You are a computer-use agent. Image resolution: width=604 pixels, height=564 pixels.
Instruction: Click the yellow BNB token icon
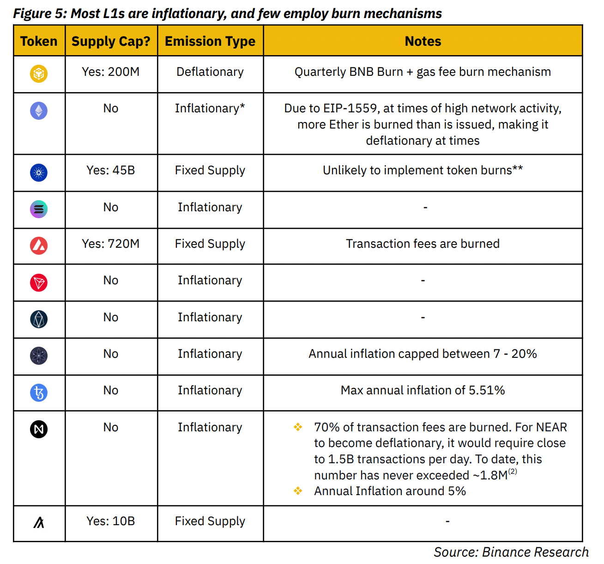pos(39,74)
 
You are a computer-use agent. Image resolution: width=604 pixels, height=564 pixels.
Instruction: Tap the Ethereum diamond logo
pos(39,110)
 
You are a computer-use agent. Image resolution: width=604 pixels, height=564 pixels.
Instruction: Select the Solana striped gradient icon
pos(39,209)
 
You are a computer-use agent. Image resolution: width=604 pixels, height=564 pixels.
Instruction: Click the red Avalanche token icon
pos(39,245)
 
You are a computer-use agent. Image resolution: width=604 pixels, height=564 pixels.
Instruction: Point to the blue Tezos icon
pos(39,392)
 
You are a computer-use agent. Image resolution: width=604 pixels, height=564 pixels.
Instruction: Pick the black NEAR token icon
pos(39,429)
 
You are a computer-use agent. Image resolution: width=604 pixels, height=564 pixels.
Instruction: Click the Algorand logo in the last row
pos(39,522)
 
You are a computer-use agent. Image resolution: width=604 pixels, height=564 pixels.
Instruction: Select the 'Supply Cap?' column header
pos(111,41)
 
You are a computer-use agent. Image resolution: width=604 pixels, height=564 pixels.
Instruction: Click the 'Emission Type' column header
pos(210,41)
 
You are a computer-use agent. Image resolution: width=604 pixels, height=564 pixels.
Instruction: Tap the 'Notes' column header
pos(423,41)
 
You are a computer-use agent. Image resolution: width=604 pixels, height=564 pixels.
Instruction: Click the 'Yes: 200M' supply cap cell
pos(111,72)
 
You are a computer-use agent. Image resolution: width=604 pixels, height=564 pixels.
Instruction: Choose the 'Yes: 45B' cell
pos(111,170)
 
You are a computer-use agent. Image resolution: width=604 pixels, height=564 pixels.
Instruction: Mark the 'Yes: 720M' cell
pos(111,244)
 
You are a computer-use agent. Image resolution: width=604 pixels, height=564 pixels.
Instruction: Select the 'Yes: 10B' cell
pos(111,521)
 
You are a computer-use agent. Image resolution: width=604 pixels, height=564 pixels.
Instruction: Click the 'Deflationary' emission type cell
pos(210,72)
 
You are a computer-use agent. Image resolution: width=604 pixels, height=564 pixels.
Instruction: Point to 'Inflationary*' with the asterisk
pos(210,108)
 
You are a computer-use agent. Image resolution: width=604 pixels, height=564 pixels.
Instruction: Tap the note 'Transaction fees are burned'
pos(423,244)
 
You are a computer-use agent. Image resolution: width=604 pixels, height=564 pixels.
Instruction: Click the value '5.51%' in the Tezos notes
pos(487,390)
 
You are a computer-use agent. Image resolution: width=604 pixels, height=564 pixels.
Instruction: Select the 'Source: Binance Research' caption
pos(511,552)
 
